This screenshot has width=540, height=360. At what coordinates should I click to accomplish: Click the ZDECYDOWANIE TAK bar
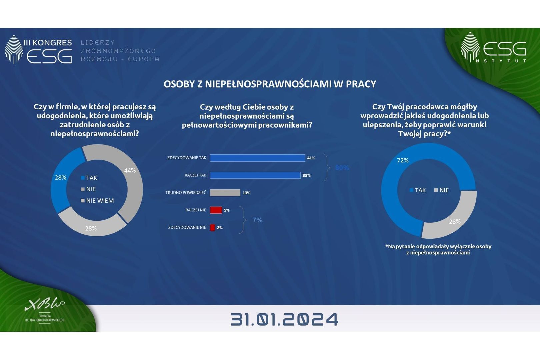(257, 158)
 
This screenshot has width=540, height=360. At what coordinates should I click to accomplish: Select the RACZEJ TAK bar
(255, 175)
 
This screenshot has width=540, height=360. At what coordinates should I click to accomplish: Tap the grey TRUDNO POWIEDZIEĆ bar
(225, 193)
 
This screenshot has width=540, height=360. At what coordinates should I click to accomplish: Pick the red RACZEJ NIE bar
(216, 210)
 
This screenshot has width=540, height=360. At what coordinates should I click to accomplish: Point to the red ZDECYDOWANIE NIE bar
(212, 227)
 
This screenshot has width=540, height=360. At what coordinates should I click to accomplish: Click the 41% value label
(311, 158)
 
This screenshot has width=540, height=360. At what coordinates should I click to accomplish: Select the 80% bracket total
(342, 168)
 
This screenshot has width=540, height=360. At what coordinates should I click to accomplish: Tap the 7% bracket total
(257, 220)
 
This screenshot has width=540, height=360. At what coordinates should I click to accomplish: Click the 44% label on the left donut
(130, 170)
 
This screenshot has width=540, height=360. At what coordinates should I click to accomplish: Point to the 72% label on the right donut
(403, 160)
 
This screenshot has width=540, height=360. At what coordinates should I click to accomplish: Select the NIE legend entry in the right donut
(441, 190)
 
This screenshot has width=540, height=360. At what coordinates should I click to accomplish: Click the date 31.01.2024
(284, 319)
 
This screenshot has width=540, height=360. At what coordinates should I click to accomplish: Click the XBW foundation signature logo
(45, 305)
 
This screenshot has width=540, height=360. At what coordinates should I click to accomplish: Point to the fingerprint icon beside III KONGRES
(14, 49)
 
